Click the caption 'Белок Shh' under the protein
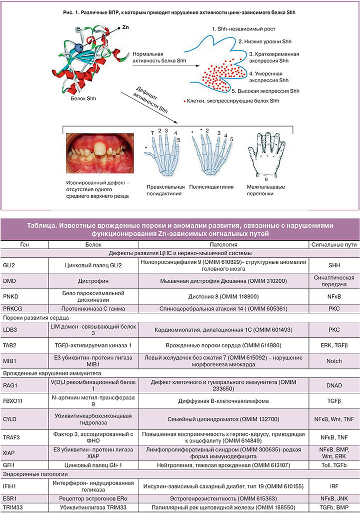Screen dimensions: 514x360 (x=83, y=98)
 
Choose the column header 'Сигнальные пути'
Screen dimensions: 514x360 (x=333, y=245)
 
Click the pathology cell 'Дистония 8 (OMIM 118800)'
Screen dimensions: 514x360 (x=223, y=297)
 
